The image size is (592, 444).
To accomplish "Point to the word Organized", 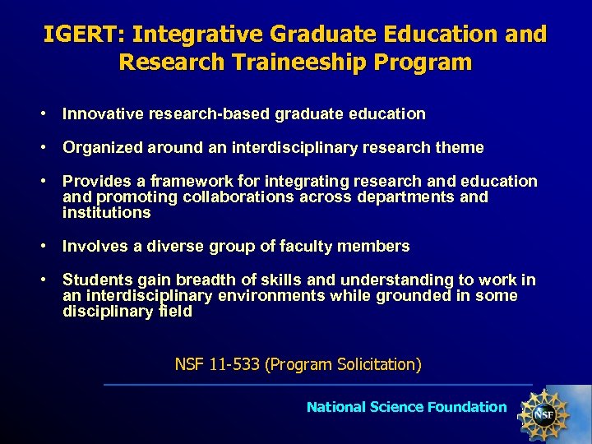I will pos(103,148).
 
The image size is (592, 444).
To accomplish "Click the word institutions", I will pos(107,213).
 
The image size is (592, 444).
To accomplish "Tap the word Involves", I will pos(92,246).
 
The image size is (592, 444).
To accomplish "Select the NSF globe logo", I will pos(543,411).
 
